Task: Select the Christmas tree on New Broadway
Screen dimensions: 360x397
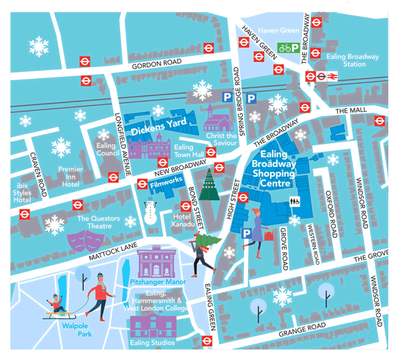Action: click(x=209, y=184)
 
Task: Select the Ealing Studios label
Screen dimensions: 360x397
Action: click(x=152, y=342)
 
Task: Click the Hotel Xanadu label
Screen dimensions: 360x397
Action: click(x=185, y=220)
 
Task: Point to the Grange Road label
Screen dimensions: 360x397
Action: click(x=302, y=329)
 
